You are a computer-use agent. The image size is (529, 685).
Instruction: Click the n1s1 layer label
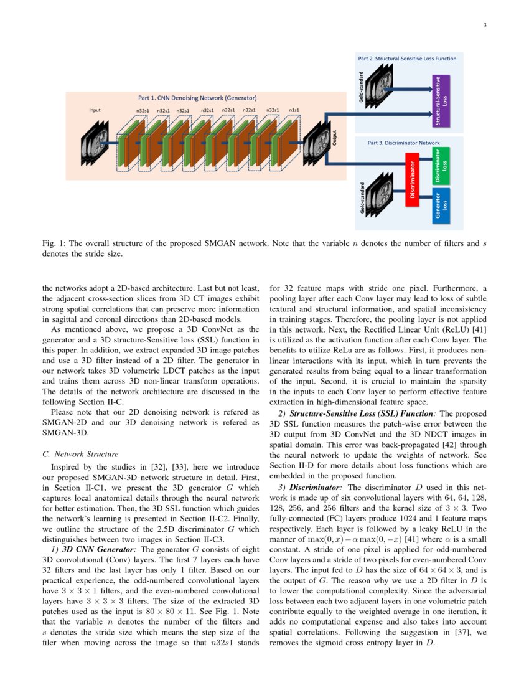294,111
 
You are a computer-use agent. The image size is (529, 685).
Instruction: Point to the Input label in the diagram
95,111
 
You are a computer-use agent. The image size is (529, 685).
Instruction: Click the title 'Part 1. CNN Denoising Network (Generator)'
197,98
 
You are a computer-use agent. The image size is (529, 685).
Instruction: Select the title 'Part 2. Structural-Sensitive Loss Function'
407,59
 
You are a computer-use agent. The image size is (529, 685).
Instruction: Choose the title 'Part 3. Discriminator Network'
403,143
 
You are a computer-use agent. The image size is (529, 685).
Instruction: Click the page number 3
484,25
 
